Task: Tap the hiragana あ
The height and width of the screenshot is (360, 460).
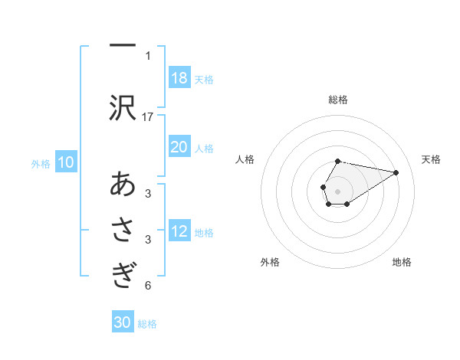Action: pyautogui.click(x=123, y=185)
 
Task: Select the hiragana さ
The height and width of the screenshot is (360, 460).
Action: pyautogui.click(x=123, y=231)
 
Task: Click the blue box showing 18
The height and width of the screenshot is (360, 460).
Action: pyautogui.click(x=179, y=78)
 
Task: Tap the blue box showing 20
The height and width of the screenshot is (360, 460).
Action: pyautogui.click(x=179, y=147)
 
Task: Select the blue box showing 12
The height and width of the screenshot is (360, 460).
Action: pyautogui.click(x=179, y=231)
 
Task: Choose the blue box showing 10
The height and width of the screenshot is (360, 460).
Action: pyautogui.click(x=66, y=162)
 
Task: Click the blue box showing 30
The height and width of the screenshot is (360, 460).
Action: pyautogui.click(x=123, y=322)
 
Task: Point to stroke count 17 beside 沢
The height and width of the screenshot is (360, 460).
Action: pyautogui.click(x=148, y=116)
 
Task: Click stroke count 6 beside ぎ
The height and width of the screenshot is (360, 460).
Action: pyautogui.click(x=148, y=286)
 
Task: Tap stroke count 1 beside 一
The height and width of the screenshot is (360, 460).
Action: pyautogui.click(x=148, y=55)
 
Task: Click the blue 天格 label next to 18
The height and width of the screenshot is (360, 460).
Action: pyautogui.click(x=204, y=79)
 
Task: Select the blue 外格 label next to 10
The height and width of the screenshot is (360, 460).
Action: pyautogui.click(x=41, y=163)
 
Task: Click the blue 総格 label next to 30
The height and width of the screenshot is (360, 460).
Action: pyautogui.click(x=147, y=324)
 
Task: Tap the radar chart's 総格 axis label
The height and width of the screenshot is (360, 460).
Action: pyautogui.click(x=337, y=100)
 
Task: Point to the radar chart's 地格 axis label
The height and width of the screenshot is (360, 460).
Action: pyautogui.click(x=402, y=262)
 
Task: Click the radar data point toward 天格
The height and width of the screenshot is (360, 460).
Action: pyautogui.click(x=396, y=172)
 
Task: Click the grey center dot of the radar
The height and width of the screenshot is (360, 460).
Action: pyautogui.click(x=337, y=190)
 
